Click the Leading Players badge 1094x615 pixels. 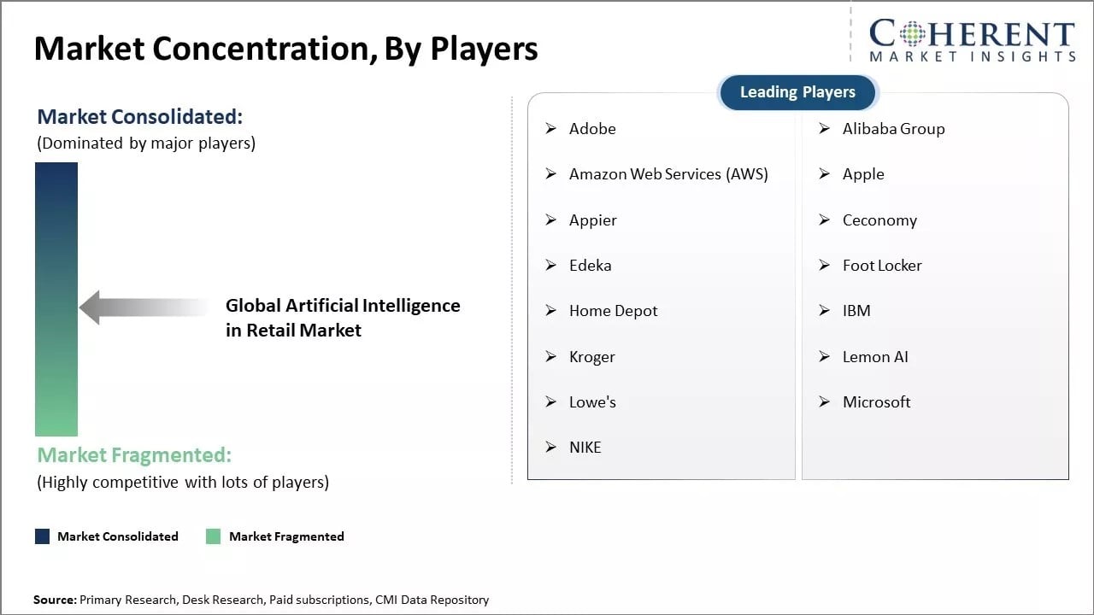pos(797,92)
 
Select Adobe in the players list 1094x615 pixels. pos(592,129)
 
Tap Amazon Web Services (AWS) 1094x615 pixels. pos(668,174)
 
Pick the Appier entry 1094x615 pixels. pos(592,220)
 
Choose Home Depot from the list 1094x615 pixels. pos(613,311)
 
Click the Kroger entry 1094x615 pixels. pos(591,357)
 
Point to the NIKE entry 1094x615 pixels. pos(585,448)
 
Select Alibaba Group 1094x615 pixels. pos(893,129)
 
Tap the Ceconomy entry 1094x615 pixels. pos(879,220)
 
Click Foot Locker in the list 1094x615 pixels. pos(882,266)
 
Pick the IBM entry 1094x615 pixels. pos(856,311)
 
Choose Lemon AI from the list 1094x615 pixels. pos(875,357)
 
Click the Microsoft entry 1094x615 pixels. pos(876,402)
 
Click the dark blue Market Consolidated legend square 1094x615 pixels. pos(42,536)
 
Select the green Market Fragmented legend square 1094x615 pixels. pos(214,536)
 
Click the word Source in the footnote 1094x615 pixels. pos(54,600)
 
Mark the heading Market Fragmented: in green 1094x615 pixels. pos(134,455)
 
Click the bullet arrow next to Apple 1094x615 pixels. pos(824,174)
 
